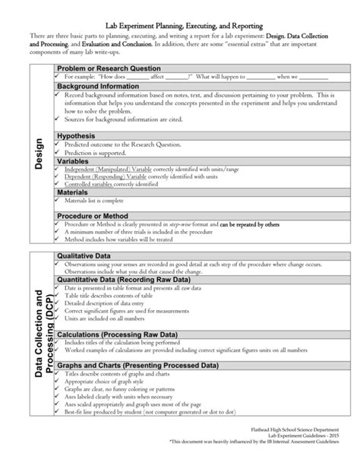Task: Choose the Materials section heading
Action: [74, 192]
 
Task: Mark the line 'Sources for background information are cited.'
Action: [125, 120]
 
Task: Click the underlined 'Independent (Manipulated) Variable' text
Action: [108, 168]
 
